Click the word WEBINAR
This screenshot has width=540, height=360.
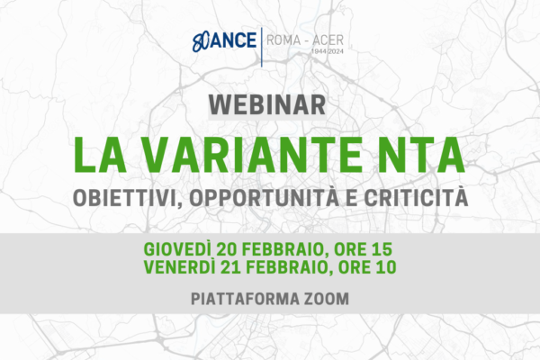coord(267,104)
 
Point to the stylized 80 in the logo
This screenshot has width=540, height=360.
coord(201,42)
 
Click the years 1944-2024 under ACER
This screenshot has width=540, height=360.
coord(328,51)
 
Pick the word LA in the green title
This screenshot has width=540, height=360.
coord(100,155)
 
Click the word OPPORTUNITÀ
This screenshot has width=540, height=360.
coord(265,197)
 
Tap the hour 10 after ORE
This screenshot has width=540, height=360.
coord(386,267)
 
